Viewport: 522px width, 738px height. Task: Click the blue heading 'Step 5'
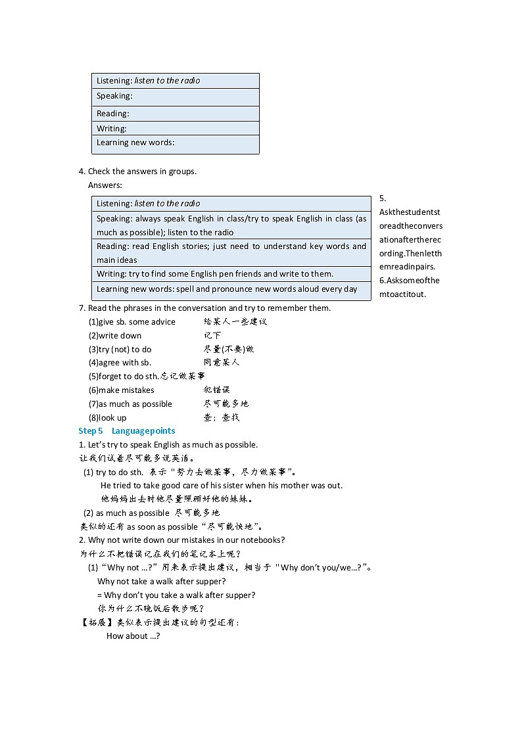(x=91, y=431)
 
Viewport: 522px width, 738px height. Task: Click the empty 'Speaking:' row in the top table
(x=175, y=97)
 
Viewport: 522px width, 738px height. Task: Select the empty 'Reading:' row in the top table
(x=175, y=114)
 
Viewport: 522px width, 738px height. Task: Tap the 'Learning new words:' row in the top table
(x=175, y=143)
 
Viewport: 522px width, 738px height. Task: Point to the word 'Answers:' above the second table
(x=105, y=185)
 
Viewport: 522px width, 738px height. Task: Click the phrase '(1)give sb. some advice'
(x=132, y=322)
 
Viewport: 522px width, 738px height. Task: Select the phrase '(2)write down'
(x=115, y=336)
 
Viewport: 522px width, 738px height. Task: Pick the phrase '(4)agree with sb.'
(x=120, y=363)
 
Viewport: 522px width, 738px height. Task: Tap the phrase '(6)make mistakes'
(x=122, y=390)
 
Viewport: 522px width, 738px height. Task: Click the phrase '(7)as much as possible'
(x=130, y=404)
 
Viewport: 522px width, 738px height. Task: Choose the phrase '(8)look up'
(x=108, y=418)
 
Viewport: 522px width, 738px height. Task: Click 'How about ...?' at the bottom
(x=133, y=636)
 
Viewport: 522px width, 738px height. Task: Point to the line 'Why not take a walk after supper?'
(x=162, y=582)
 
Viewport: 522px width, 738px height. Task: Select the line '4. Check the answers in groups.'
(x=137, y=172)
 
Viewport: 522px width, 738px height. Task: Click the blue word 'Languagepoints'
(x=143, y=431)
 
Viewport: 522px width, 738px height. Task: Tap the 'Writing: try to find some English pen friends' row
(x=215, y=274)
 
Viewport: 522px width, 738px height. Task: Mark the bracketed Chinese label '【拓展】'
(x=93, y=622)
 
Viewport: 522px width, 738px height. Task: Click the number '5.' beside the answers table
(x=383, y=198)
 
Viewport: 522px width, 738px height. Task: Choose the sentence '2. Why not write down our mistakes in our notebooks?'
(x=181, y=540)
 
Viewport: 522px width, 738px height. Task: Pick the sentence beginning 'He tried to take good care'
(x=222, y=486)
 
